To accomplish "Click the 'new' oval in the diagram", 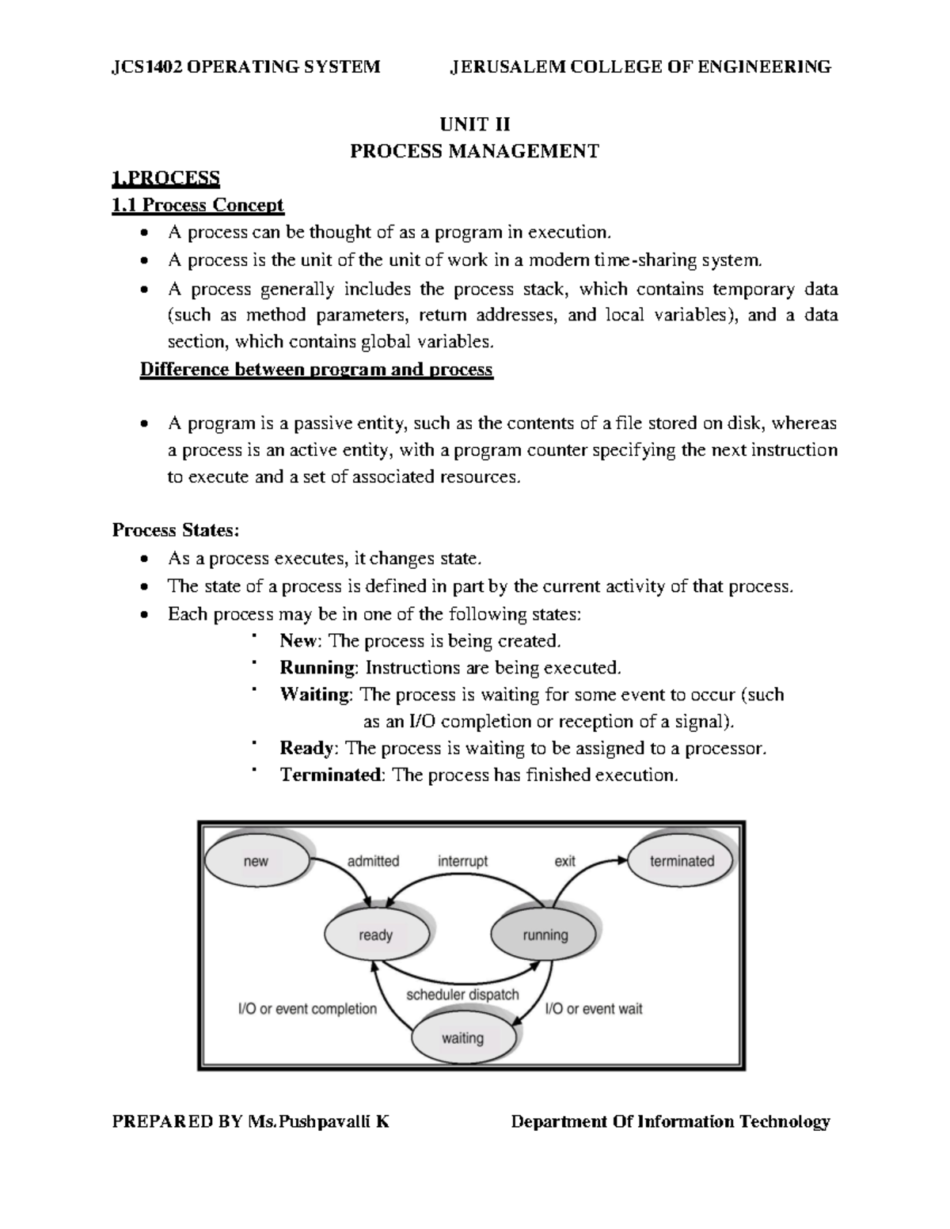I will click(x=256, y=861).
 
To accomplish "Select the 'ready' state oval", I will click(x=376, y=935).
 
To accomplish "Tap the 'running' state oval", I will click(x=545, y=935).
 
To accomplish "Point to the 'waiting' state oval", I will click(x=462, y=1037).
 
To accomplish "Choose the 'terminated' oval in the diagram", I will click(x=682, y=861).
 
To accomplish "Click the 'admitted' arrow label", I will click(x=373, y=861).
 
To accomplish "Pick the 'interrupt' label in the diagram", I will click(x=463, y=861).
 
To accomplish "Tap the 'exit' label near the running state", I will click(x=565, y=861).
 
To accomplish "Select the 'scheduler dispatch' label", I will click(x=462, y=994).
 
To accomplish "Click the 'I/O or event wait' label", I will click(x=594, y=1009).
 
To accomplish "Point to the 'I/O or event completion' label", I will click(x=307, y=1009).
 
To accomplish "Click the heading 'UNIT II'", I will click(x=475, y=124).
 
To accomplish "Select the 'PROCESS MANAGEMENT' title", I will click(x=475, y=151).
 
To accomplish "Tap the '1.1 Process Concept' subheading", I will click(x=197, y=205).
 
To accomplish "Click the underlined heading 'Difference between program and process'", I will click(x=316, y=370).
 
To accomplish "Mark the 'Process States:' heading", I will click(x=175, y=529).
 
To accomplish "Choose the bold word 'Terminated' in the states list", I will click(x=331, y=775).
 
